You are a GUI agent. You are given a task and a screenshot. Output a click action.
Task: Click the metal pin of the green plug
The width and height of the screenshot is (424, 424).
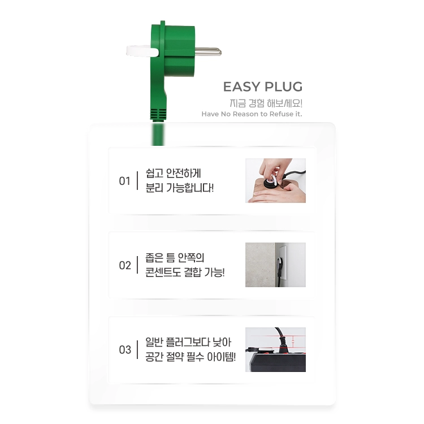207,51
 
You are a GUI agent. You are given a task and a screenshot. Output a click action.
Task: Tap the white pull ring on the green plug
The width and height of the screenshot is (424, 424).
142,51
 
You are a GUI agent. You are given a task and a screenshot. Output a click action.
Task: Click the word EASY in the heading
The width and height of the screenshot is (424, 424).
242,87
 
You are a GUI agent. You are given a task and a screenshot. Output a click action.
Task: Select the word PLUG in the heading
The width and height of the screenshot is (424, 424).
283,87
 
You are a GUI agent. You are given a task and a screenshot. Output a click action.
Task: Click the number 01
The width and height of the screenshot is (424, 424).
125,181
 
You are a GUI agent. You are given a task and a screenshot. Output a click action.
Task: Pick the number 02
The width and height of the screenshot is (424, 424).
125,265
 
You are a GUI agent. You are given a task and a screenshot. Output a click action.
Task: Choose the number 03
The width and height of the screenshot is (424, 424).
125,349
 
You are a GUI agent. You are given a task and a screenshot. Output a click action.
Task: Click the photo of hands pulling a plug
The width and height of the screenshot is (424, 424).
275,181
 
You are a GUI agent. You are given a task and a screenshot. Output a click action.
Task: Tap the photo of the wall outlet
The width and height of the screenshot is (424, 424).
275,265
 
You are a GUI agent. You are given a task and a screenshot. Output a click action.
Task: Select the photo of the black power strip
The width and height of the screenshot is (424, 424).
275,349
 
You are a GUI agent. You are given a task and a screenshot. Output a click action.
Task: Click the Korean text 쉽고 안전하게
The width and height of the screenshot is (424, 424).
173,174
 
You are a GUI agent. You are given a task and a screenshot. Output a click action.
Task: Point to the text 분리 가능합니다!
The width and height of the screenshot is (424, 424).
180,188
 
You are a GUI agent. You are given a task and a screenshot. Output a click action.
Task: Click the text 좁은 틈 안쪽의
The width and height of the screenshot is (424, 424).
175,258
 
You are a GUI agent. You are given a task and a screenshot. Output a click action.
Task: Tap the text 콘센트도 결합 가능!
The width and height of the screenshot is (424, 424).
185,272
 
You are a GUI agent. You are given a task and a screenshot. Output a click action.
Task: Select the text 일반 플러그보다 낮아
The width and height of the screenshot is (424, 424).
188,342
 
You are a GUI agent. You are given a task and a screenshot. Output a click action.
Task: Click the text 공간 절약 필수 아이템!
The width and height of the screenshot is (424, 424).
191,356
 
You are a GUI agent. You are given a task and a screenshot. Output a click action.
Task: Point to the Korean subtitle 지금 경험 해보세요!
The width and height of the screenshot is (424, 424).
266,103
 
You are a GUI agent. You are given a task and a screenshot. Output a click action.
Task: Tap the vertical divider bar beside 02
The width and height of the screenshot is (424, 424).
137,265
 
